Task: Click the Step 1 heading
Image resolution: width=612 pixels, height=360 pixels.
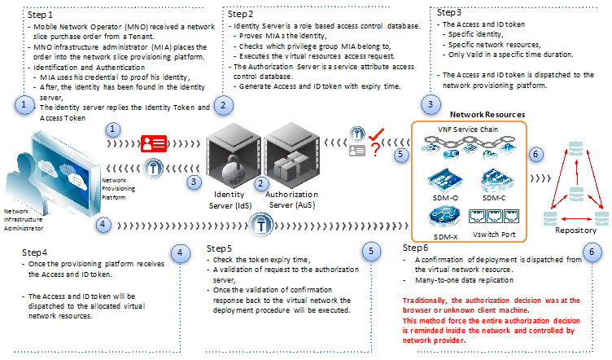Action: point(40,15)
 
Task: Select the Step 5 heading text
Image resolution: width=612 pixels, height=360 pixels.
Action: point(219,248)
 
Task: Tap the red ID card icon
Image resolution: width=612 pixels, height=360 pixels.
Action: point(154,143)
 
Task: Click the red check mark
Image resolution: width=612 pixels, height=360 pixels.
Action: point(377,134)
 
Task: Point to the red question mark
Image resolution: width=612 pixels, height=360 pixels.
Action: point(375,150)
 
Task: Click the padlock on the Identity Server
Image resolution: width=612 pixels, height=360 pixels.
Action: point(233,169)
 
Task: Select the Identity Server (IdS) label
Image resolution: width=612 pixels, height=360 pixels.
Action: point(229,200)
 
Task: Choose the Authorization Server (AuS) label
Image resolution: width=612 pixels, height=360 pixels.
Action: point(291,200)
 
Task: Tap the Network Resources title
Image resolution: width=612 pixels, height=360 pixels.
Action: point(487,114)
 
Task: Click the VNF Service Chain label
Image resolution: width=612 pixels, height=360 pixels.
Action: point(468,130)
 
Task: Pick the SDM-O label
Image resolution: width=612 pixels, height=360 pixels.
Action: point(445,198)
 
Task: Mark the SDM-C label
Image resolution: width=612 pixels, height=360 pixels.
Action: point(494,198)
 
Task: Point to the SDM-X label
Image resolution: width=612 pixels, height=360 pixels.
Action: point(445,237)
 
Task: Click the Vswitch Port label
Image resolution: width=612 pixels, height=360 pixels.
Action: point(494,235)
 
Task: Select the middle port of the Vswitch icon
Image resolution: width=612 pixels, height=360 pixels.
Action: point(494,216)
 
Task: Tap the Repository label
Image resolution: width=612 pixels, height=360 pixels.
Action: point(575,230)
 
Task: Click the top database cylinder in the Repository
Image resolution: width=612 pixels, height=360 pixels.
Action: point(575,149)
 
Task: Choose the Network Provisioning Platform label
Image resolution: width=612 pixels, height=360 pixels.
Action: point(118,189)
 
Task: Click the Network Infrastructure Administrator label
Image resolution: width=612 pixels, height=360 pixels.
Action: point(24,219)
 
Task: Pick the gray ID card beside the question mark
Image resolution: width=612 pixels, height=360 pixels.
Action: point(356,151)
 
